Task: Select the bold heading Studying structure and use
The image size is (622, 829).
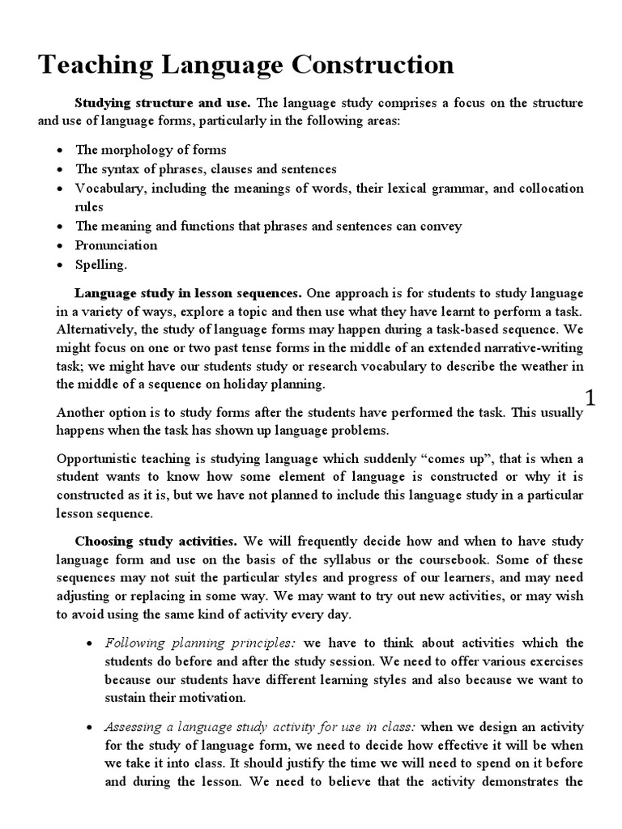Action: (x=164, y=104)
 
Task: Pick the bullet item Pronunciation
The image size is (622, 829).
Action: (x=117, y=245)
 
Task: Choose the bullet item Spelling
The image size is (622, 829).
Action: (x=101, y=265)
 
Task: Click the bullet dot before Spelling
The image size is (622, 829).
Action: (x=61, y=266)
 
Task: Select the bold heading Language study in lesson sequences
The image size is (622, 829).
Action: (x=188, y=292)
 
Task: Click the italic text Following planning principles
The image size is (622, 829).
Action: (x=200, y=643)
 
